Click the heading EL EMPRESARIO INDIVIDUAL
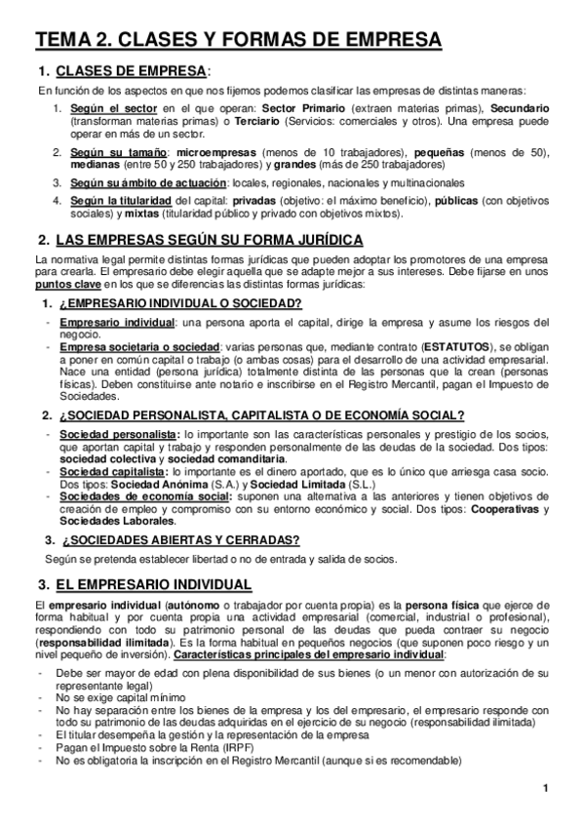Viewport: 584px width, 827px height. (x=153, y=585)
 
